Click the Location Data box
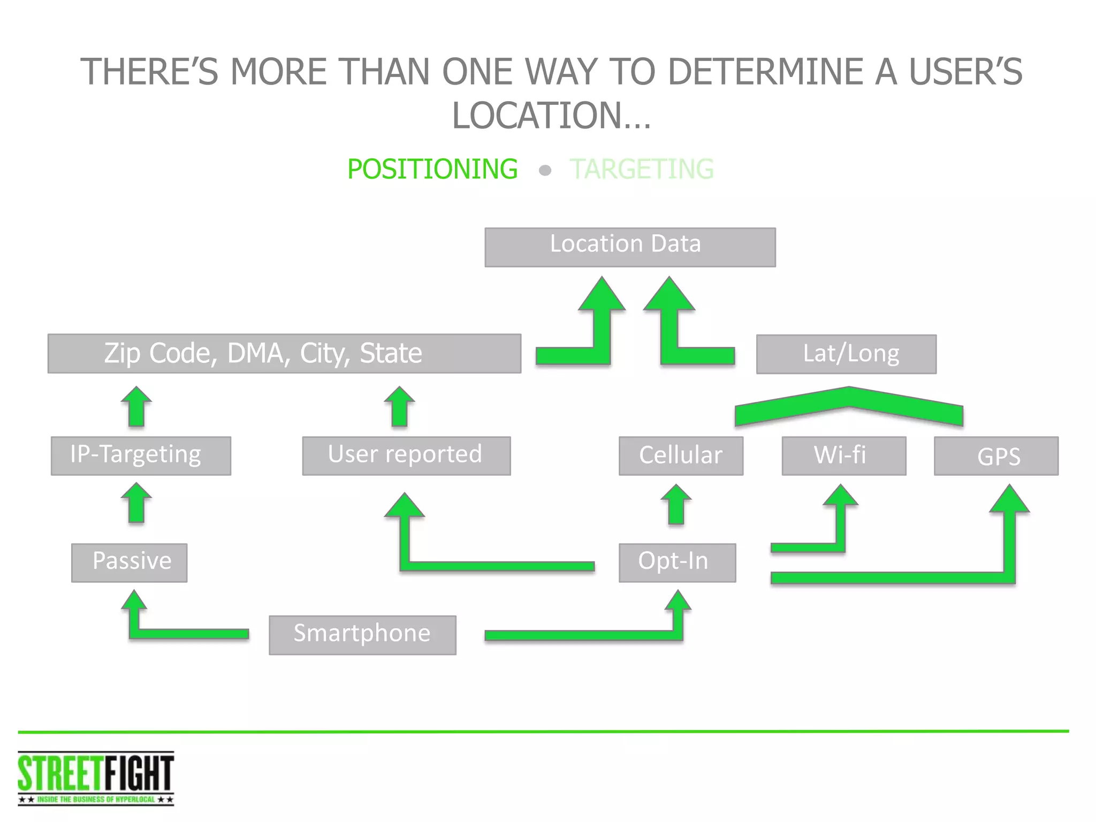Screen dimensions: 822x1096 (x=630, y=247)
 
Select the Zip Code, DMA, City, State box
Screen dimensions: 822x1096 (x=284, y=353)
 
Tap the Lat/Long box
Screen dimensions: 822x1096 (x=846, y=354)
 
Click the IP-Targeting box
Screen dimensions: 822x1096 (x=141, y=455)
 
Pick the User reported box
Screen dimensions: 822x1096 (x=406, y=455)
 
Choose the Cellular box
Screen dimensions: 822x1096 (x=681, y=455)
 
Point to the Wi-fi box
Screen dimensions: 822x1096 (x=844, y=455)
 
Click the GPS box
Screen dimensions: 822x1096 (x=996, y=455)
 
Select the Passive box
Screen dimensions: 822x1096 (x=129, y=562)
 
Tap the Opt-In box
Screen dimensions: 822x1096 (x=677, y=562)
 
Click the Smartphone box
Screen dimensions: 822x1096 (x=362, y=635)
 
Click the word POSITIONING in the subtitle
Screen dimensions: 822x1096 (x=432, y=169)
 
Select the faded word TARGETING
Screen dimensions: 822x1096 (x=642, y=169)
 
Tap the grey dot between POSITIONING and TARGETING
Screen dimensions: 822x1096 (x=545, y=171)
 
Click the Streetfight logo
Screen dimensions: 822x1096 (x=96, y=778)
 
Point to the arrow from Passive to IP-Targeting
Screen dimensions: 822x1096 (x=136, y=504)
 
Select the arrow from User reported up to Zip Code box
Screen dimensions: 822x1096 (x=399, y=407)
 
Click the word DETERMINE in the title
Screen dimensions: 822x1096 (x=765, y=72)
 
